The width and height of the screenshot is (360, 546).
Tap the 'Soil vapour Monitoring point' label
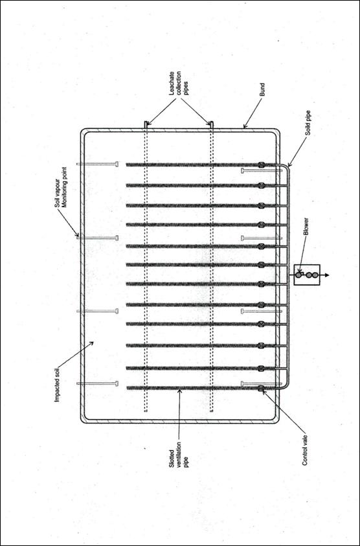tap(61, 187)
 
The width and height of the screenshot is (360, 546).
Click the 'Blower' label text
tap(306, 227)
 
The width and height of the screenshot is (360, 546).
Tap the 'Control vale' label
tap(306, 448)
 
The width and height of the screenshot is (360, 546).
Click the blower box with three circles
tap(307, 275)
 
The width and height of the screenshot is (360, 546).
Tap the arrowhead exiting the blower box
tap(326, 275)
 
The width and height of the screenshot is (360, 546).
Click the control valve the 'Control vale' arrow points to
tap(261, 388)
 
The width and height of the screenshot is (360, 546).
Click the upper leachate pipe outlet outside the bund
tap(146, 124)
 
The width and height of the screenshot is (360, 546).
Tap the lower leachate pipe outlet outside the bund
tap(211, 124)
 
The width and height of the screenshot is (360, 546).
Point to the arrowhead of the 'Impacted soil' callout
tap(91, 343)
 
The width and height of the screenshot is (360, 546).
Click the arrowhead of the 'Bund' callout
tap(245, 126)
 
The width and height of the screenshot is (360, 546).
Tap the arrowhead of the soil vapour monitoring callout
tap(78, 236)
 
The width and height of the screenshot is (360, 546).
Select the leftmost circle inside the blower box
tap(298, 275)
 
